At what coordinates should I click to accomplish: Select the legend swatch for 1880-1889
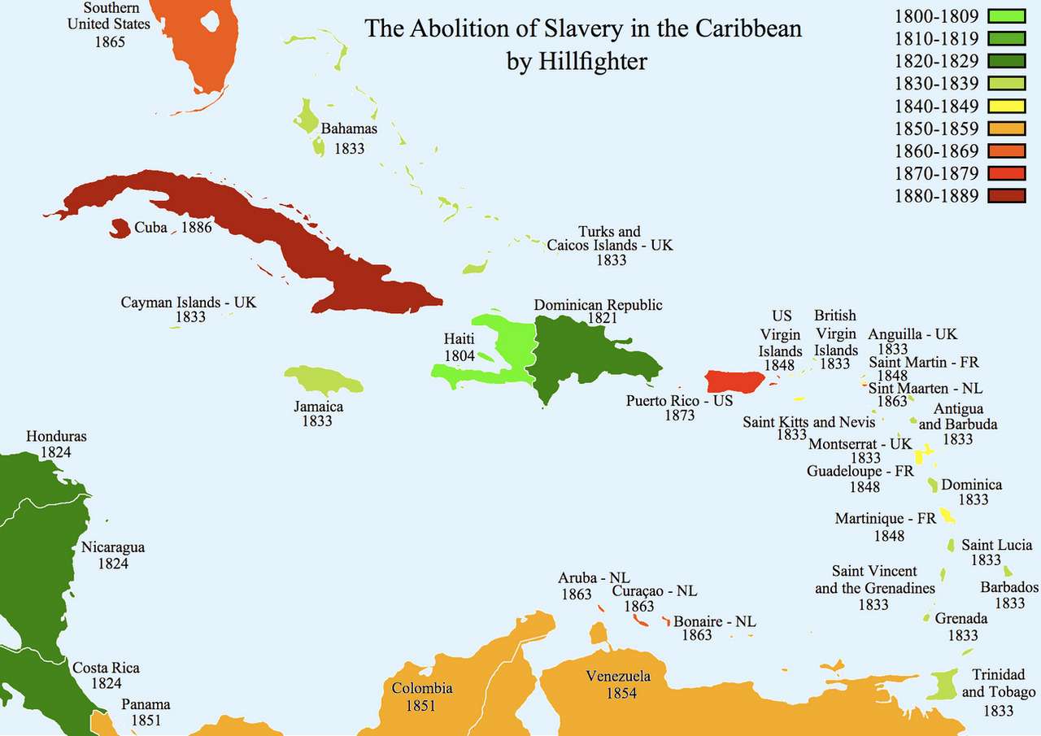(1006, 195)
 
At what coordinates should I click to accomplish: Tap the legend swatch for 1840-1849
(1006, 106)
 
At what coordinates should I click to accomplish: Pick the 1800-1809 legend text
(936, 15)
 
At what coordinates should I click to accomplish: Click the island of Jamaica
(323, 379)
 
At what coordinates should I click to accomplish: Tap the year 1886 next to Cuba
(196, 228)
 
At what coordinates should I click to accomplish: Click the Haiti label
(459, 339)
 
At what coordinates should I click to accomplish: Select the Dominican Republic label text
(598, 305)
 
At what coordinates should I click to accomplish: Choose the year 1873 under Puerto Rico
(680, 416)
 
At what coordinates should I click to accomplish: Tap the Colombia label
(422, 689)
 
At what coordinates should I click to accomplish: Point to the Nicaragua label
(113, 547)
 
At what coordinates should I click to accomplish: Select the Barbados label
(1009, 587)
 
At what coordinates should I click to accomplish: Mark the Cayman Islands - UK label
(189, 302)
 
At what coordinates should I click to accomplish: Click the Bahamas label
(349, 128)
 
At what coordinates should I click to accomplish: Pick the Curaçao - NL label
(655, 591)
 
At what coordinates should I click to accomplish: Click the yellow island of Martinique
(947, 515)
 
